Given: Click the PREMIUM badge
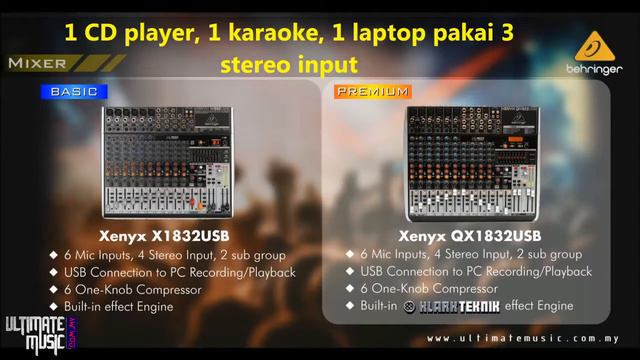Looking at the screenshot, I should coord(373,91).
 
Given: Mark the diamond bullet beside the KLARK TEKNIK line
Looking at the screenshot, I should coord(350,305).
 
